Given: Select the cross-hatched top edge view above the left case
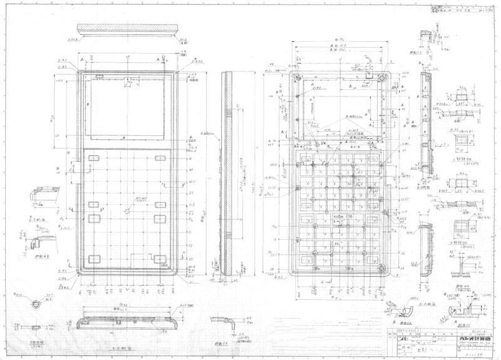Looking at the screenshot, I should [127, 31].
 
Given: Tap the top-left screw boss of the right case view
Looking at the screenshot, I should [298, 78].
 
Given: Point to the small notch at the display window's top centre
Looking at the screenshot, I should [127, 80].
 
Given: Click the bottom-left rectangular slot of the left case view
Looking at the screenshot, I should [95, 259].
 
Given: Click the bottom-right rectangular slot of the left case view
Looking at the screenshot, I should [160, 259].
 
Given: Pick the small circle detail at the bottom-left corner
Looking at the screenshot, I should [36, 304].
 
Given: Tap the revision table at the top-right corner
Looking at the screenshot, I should [461, 9].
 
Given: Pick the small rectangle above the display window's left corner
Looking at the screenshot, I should [99, 76].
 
